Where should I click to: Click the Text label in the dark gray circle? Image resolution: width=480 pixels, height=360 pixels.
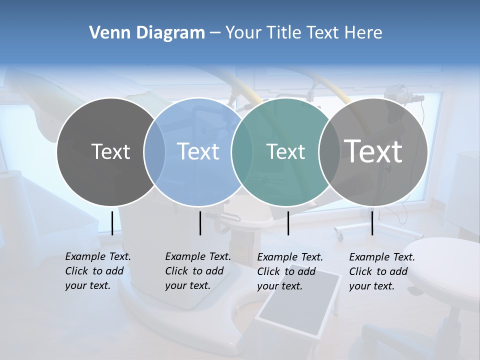[x=110, y=151]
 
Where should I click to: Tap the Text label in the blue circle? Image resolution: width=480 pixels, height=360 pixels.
[x=198, y=151]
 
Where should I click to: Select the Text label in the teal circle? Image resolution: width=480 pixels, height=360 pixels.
[x=285, y=151]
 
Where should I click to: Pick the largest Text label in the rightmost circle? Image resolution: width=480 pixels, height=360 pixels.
[x=373, y=151]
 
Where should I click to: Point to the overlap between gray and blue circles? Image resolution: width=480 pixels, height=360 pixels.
[x=154, y=151]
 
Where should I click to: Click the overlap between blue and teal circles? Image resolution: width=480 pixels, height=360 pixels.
[x=242, y=151]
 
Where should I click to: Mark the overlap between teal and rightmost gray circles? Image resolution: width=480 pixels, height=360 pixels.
[x=329, y=151]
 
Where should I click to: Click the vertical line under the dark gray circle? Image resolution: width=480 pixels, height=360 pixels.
[x=112, y=223]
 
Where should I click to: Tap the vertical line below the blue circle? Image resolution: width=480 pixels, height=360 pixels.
[x=200, y=223]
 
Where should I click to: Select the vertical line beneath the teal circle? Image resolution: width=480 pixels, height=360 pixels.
[x=288, y=223]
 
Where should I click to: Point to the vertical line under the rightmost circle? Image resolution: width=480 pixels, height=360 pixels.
[x=372, y=223]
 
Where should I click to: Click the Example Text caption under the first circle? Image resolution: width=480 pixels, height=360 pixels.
[x=97, y=271]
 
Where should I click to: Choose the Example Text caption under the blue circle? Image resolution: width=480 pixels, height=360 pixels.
[x=197, y=271]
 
